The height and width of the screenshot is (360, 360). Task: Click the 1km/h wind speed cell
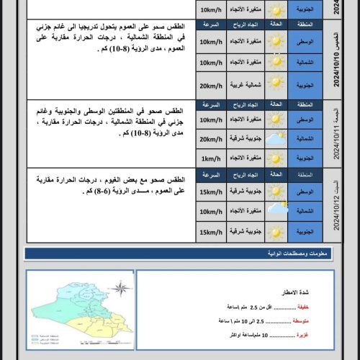tap(210, 157)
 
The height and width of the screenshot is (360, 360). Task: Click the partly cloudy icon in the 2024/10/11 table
tap(275, 138)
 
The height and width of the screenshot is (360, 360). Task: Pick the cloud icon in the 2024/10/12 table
tap(276, 211)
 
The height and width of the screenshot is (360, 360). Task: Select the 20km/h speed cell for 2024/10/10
tap(210, 85)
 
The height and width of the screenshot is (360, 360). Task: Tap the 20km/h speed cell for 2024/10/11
tap(210, 139)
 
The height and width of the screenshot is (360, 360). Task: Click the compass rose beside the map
tap(121, 290)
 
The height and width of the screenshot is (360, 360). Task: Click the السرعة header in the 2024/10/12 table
tap(210, 175)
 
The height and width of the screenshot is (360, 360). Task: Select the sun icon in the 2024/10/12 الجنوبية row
tap(275, 232)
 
